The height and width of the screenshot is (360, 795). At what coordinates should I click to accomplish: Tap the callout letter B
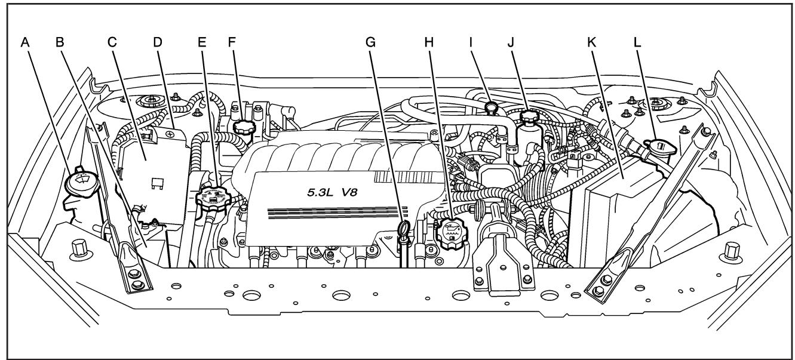(59, 43)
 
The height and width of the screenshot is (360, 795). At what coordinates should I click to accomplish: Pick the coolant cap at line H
(452, 232)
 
